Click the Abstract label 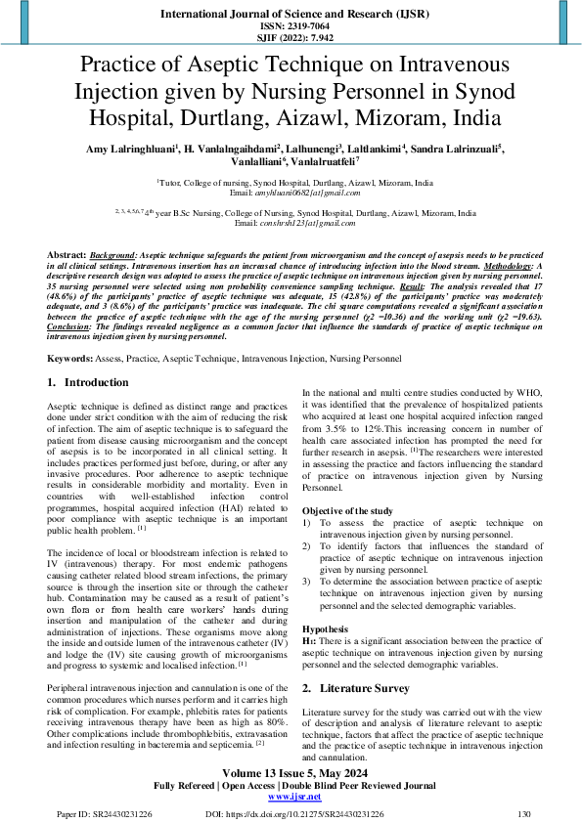point(67,253)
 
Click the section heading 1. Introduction point(88,383)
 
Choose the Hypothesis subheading point(327,629)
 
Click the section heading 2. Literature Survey point(360,688)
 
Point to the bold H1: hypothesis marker point(311,641)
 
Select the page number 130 point(524,813)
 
